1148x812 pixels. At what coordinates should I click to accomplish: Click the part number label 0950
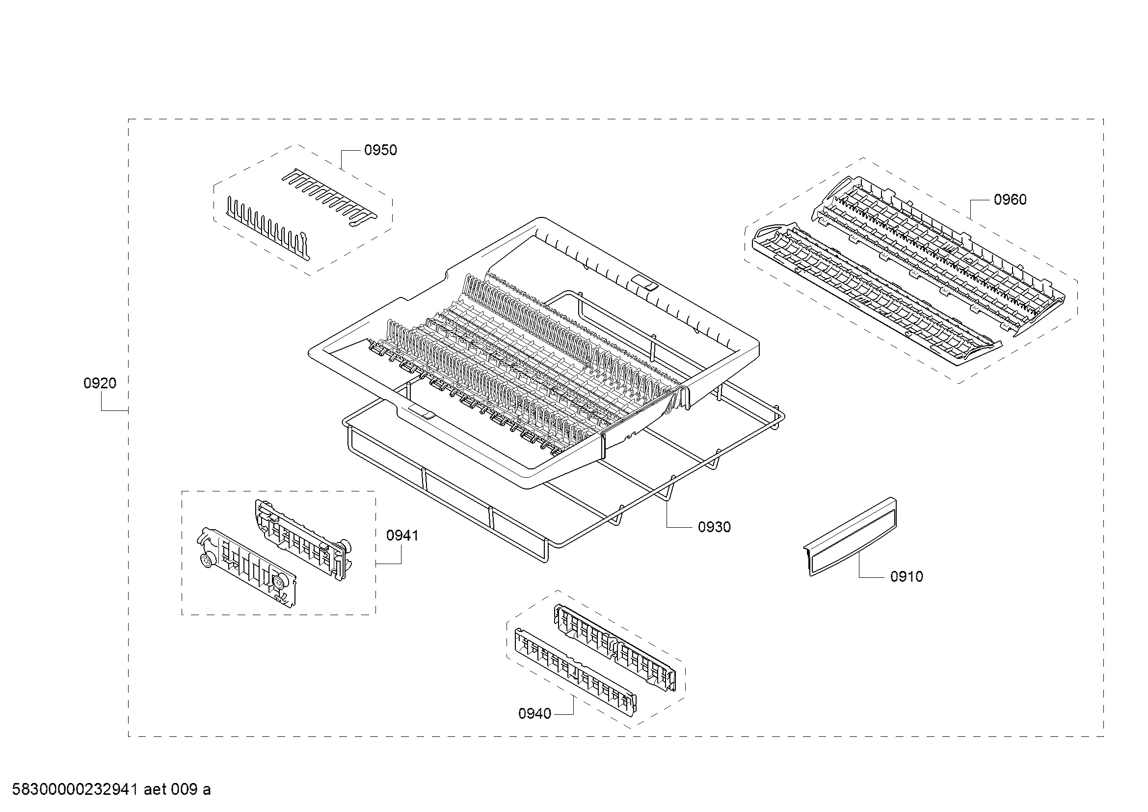[380, 150]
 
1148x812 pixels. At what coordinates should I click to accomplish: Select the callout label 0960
[1010, 199]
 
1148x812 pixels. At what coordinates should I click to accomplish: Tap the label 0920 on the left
[100, 383]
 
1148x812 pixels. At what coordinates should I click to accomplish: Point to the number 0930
[715, 527]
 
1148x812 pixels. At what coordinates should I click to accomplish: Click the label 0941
[402, 536]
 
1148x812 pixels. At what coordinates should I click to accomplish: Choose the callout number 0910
[907, 576]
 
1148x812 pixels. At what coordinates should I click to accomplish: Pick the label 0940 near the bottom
[534, 714]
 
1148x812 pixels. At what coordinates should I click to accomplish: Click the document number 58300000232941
[75, 790]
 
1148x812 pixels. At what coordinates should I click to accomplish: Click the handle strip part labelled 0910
[850, 537]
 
